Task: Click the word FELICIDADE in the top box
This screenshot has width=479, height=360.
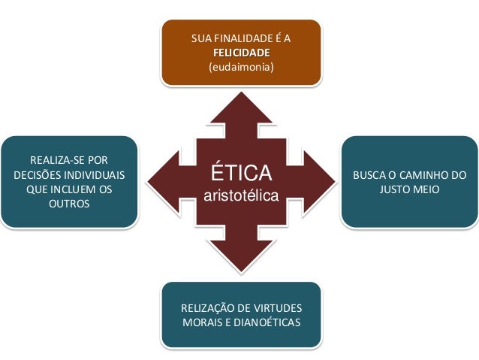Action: click(x=241, y=53)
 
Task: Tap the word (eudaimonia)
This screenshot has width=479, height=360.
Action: click(x=241, y=68)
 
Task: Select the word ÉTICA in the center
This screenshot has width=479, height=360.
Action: click(x=241, y=174)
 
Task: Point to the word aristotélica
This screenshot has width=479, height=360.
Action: click(x=241, y=197)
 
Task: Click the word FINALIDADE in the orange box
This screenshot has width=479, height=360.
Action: click(x=243, y=38)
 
